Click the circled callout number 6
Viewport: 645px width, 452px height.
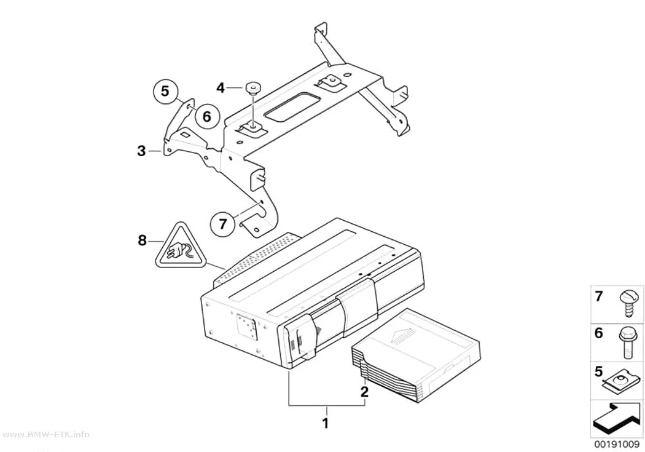pos(206,116)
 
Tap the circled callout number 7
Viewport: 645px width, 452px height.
pos(222,224)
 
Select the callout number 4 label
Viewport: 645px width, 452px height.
pos(221,88)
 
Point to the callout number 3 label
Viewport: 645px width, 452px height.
pos(141,151)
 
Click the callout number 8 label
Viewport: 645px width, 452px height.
pos(142,240)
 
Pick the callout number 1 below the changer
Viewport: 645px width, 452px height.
pos(326,423)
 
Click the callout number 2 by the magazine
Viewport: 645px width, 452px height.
pos(364,392)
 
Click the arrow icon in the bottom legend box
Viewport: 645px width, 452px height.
pos(617,419)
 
